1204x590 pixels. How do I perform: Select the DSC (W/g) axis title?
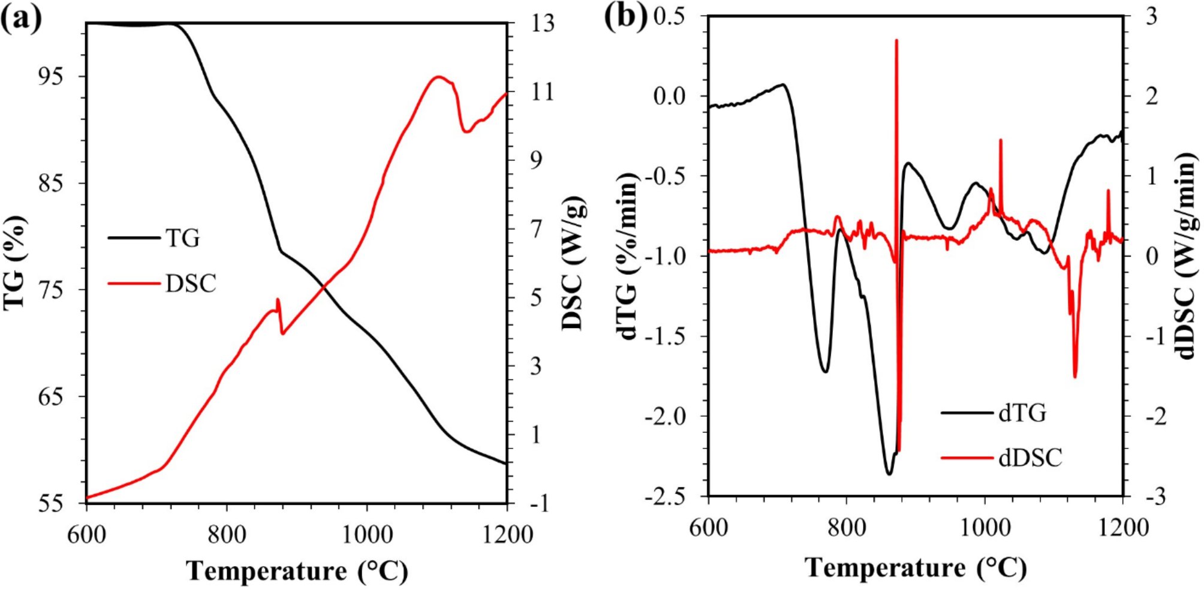pyautogui.click(x=574, y=263)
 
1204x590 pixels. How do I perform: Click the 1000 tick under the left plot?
pyautogui.click(x=366, y=533)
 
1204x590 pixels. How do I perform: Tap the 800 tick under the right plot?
pyautogui.click(x=846, y=528)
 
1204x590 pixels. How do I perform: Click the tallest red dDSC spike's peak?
pyautogui.click(x=896, y=41)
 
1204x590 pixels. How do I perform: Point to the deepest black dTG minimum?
pyautogui.click(x=889, y=474)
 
